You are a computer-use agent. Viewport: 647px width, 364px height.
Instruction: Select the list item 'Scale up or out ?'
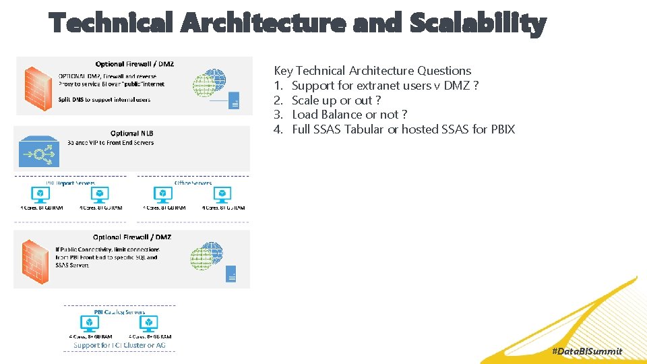point(336,100)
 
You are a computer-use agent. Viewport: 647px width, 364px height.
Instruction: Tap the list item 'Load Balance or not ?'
point(349,115)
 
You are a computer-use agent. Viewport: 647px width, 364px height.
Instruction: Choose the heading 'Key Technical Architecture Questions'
point(372,71)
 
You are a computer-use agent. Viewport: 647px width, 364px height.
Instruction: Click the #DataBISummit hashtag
point(586,351)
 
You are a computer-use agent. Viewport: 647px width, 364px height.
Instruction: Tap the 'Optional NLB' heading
point(133,133)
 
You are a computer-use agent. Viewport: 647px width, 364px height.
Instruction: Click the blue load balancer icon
point(39,153)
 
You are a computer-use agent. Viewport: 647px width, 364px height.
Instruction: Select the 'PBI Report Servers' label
point(70,183)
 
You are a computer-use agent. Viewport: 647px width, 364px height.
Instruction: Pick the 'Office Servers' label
point(193,183)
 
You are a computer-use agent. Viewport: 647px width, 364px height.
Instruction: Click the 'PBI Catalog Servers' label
point(119,312)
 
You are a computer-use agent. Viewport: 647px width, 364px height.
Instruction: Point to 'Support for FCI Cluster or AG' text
point(119,345)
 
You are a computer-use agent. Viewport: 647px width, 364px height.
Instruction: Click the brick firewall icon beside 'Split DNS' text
point(38,86)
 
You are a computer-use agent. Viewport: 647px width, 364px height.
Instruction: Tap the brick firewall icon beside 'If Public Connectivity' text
point(34,260)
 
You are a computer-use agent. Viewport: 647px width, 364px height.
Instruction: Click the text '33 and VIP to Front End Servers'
point(111,143)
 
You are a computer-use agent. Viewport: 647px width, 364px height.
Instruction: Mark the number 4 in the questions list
point(278,129)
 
